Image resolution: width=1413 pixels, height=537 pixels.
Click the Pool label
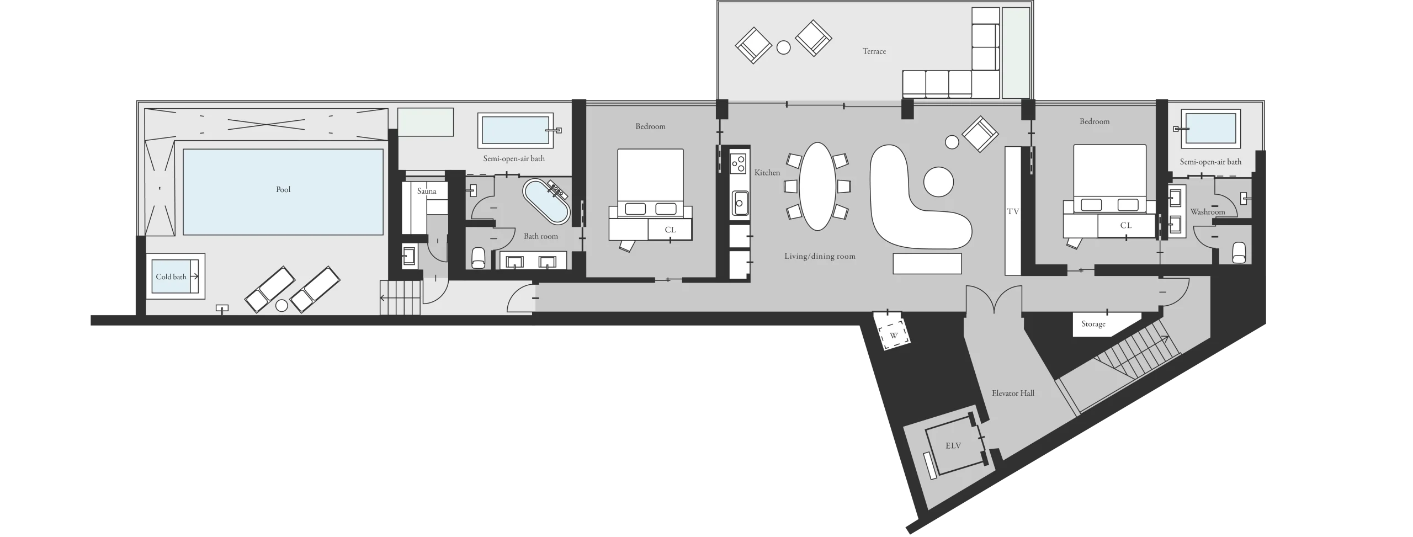tap(283, 190)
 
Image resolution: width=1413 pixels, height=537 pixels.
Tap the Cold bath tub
tap(176, 277)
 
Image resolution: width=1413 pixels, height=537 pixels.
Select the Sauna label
tap(427, 192)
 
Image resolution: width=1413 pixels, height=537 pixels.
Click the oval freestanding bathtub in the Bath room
tap(546, 201)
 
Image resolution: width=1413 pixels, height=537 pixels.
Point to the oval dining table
tap(817, 187)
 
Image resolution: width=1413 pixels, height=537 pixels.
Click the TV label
tap(1013, 211)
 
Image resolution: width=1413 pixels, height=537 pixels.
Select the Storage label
tap(1093, 324)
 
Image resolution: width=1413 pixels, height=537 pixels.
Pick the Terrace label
tap(874, 51)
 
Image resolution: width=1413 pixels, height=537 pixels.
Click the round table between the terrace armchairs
tap(783, 47)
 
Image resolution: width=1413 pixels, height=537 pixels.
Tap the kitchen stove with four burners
tap(738, 163)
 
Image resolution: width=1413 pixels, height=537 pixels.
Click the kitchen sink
tap(739, 204)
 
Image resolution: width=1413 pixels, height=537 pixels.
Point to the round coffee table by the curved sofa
tap(938, 182)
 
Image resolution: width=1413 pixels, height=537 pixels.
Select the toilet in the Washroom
tap(1239, 253)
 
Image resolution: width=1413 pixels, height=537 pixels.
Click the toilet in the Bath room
tap(479, 258)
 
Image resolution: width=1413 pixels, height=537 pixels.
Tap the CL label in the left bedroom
tap(670, 230)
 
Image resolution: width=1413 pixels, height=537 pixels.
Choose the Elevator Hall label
tap(1013, 394)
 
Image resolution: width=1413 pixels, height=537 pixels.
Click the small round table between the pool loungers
tap(282, 305)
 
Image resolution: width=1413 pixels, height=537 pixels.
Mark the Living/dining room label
tap(820, 256)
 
